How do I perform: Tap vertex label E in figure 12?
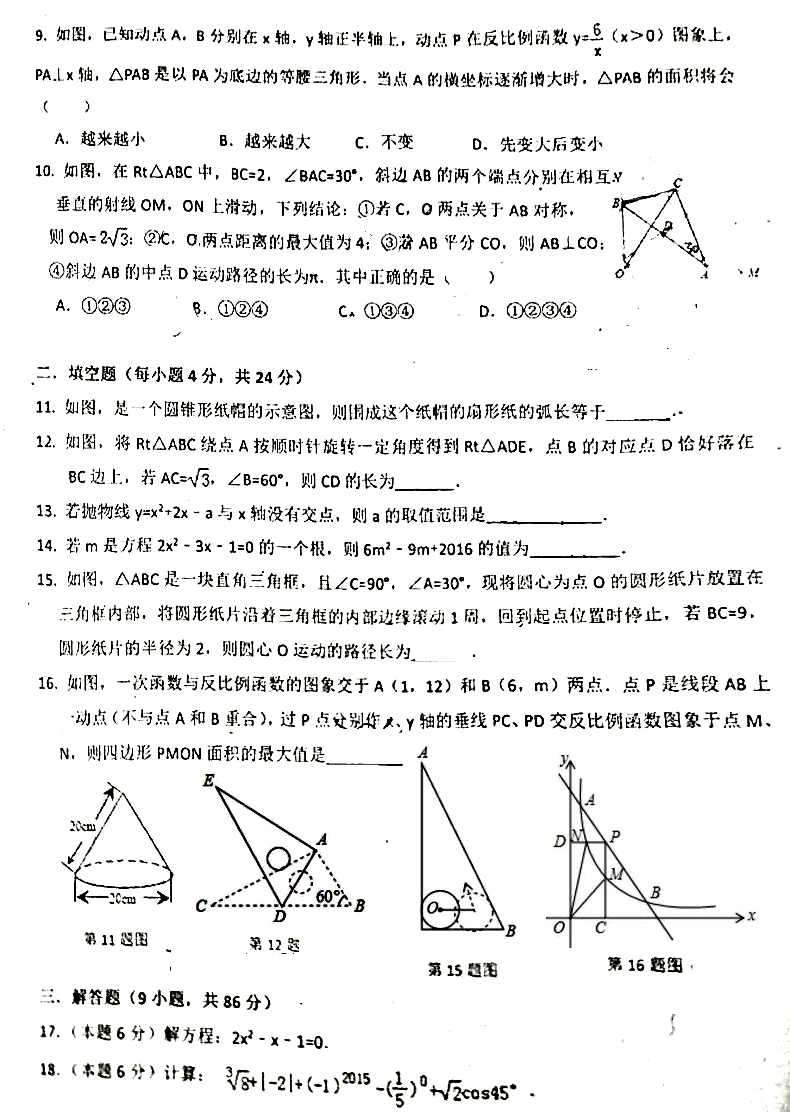click(208, 781)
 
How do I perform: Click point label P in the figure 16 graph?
click(615, 836)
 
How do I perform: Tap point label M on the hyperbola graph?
click(616, 874)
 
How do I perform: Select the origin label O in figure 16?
click(558, 927)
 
